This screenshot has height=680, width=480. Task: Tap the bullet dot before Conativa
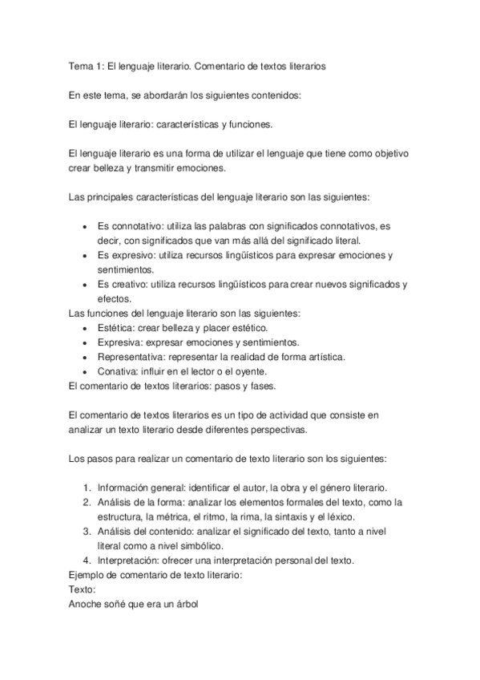coord(86,371)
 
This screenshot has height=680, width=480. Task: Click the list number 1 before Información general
coord(87,488)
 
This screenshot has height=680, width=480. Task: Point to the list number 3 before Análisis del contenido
coord(87,531)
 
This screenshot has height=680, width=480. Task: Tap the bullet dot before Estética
coord(86,328)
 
